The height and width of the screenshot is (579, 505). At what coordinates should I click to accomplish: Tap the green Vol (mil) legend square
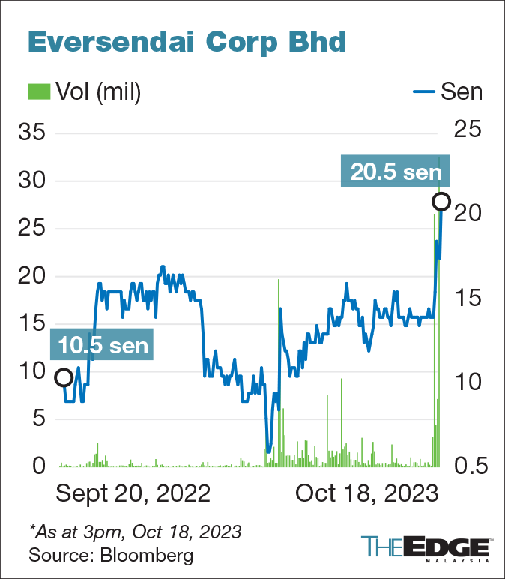tap(37, 91)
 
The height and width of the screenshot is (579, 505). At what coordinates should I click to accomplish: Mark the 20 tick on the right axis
tap(470, 214)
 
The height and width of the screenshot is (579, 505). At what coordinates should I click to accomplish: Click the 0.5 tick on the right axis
tap(470, 466)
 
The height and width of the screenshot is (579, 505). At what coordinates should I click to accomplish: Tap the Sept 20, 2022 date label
tap(133, 494)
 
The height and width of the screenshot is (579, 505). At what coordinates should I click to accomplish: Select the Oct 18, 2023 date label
tap(366, 494)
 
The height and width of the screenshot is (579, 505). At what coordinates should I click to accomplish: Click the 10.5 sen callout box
tap(103, 345)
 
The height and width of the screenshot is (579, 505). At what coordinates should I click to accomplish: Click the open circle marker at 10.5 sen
tap(64, 377)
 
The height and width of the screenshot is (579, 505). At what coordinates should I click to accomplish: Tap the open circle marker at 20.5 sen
tap(441, 202)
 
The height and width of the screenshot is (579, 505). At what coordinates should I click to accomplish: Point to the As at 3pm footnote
tap(135, 532)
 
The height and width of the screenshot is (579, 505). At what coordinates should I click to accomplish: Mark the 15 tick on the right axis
tap(470, 298)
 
